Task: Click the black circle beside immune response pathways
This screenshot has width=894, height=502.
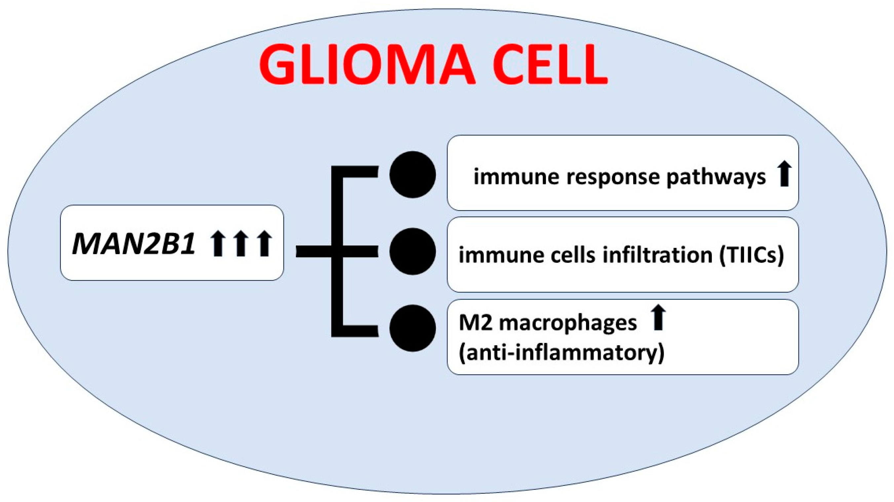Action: point(412,174)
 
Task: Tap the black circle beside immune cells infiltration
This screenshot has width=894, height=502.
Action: point(412,251)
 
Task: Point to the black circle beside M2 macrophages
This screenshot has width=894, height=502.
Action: point(412,328)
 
